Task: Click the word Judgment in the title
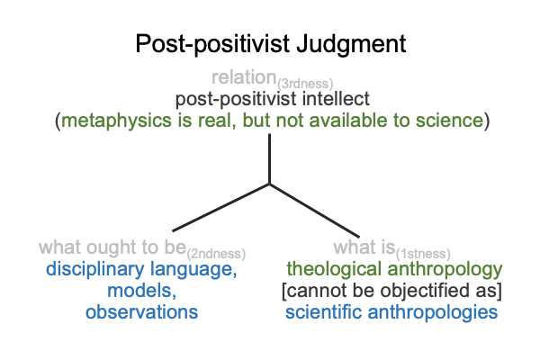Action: (351, 44)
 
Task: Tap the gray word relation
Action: (244, 77)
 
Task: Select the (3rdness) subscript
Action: (305, 84)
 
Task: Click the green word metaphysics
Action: (116, 121)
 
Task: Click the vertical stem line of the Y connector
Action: (269, 158)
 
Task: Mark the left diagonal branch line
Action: (220, 207)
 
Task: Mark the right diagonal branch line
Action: (314, 211)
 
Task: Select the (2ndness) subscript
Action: (216, 254)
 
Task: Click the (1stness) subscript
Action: (423, 254)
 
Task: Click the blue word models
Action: (141, 291)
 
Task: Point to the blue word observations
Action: (141, 312)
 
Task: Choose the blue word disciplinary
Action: (94, 269)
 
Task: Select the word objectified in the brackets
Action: (424, 291)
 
